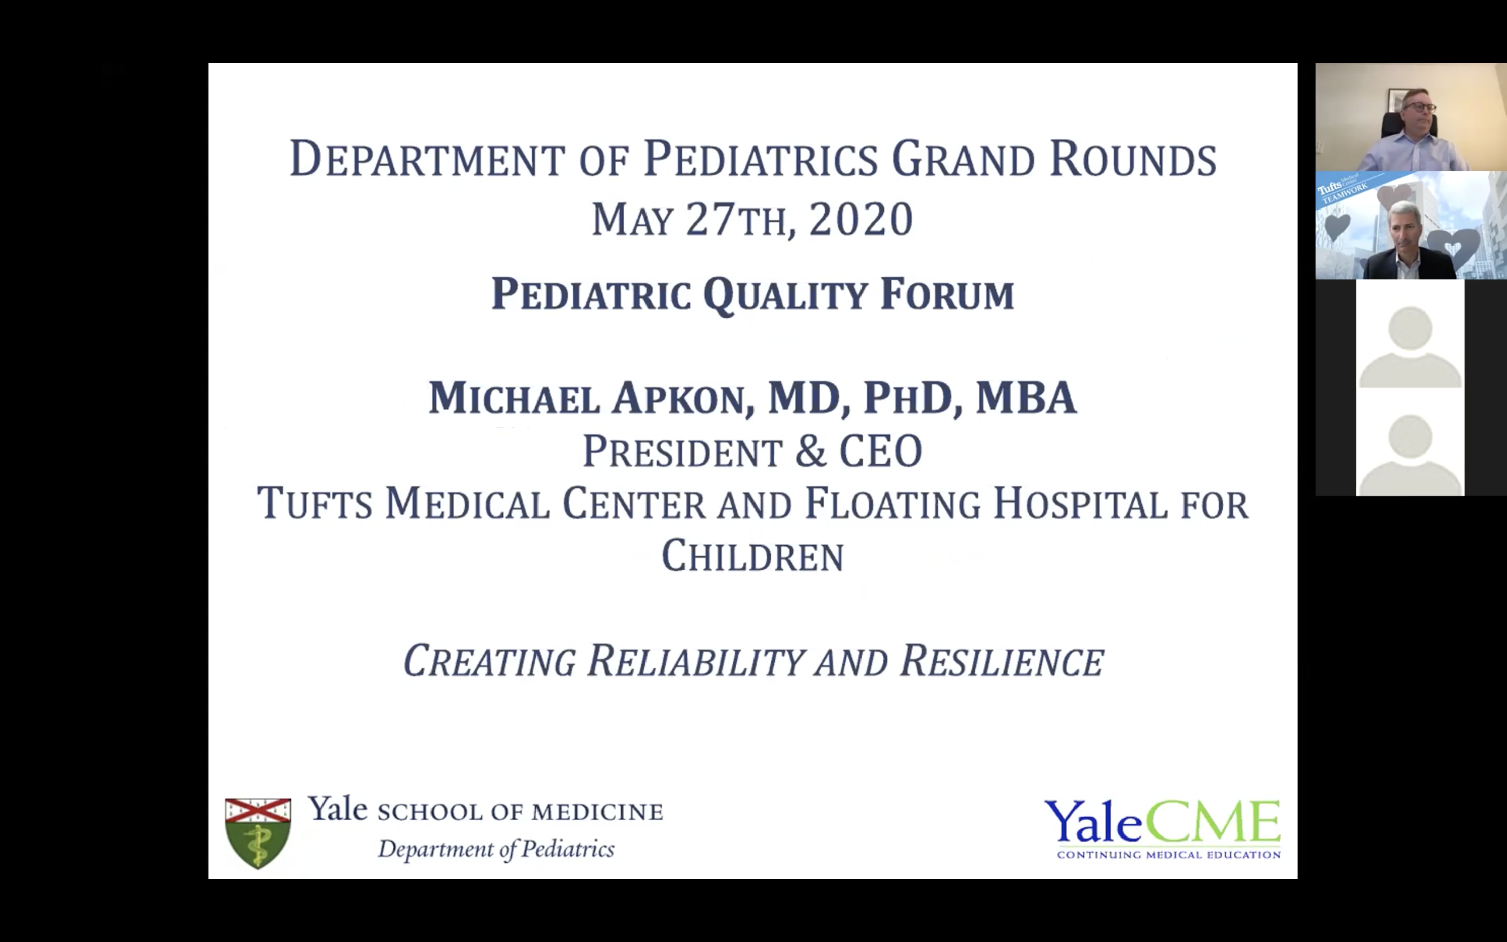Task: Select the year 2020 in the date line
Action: pyautogui.click(x=860, y=220)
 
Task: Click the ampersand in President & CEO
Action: pyautogui.click(x=810, y=451)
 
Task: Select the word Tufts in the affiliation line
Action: pyautogui.click(x=314, y=503)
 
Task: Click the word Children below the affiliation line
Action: pyautogui.click(x=752, y=556)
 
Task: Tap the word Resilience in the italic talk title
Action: pyautogui.click(x=1001, y=662)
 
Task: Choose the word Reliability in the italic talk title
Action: pyautogui.click(x=696, y=662)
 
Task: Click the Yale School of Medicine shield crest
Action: pyautogui.click(x=258, y=832)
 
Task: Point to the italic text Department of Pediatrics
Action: pyautogui.click(x=496, y=849)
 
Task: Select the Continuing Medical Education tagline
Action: pyautogui.click(x=1168, y=854)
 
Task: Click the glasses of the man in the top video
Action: pyautogui.click(x=1419, y=107)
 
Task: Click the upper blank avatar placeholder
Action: pyautogui.click(x=1410, y=346)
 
